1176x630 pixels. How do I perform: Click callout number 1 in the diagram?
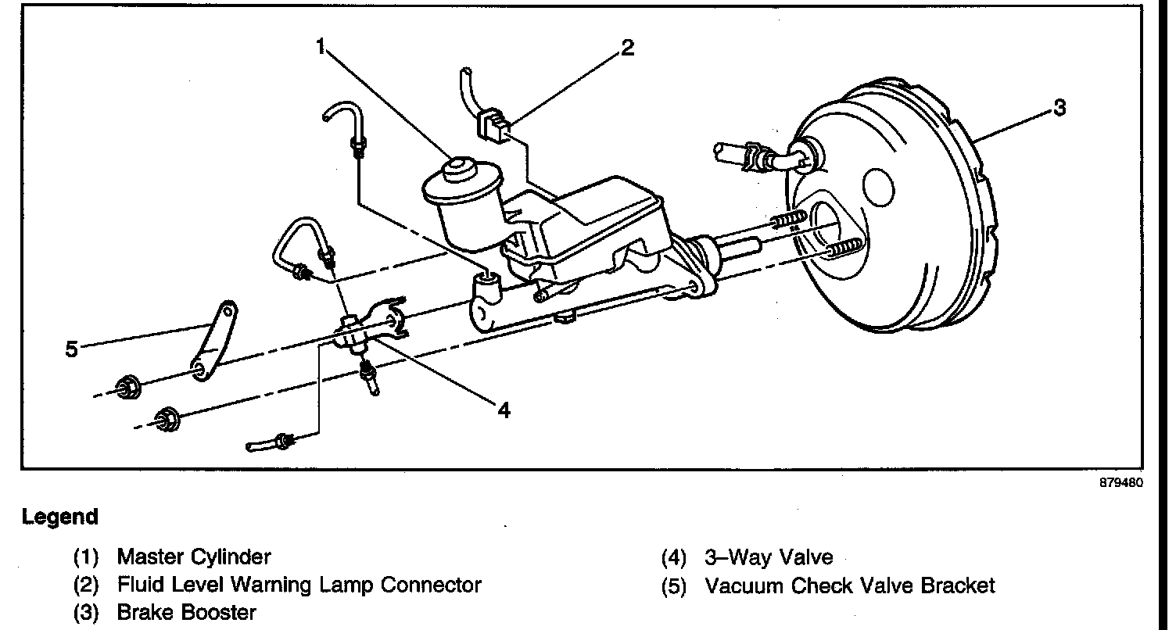coord(321,46)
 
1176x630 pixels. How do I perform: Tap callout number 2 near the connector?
coord(626,48)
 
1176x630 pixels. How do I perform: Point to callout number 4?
coord(504,410)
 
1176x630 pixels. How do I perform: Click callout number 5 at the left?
coord(72,349)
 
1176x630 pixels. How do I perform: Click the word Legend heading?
coord(60,517)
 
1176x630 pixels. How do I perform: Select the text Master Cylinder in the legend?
coord(194,557)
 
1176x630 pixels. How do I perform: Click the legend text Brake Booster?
coord(186,612)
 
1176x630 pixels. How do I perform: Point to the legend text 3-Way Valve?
coord(769,557)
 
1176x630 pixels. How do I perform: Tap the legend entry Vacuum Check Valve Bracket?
coord(850,585)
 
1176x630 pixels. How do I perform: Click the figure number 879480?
coord(1121,483)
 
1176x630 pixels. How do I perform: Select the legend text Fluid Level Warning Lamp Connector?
coord(299,585)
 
